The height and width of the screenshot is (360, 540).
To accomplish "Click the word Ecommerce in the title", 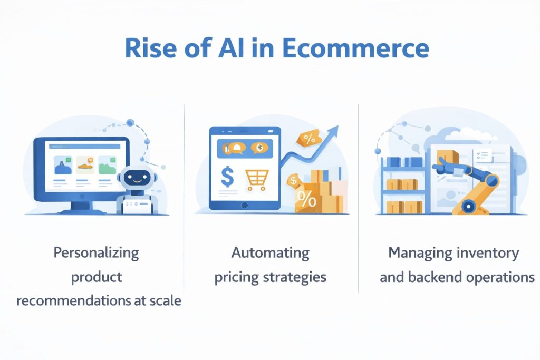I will tap(355, 48).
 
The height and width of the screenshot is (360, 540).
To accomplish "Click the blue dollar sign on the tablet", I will tap(227, 177).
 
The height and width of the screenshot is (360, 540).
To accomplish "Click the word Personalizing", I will tap(96, 252).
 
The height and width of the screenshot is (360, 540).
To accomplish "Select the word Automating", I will tap(270, 252).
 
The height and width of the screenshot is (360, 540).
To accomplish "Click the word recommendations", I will tap(73, 301).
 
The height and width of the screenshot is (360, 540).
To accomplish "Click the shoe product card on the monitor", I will tap(84, 166).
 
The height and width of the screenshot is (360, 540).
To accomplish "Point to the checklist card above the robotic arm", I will tap(482, 154).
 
